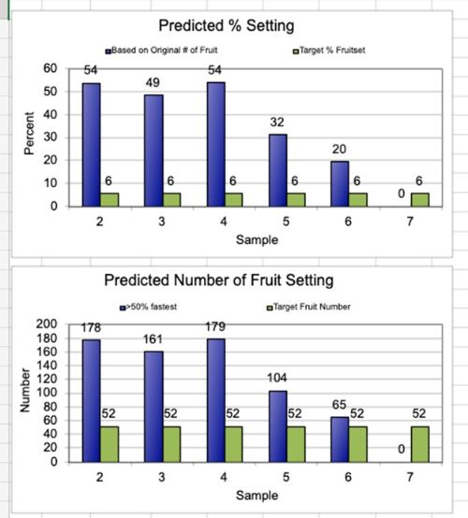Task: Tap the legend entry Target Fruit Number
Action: [x=313, y=306]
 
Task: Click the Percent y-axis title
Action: [x=29, y=137]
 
